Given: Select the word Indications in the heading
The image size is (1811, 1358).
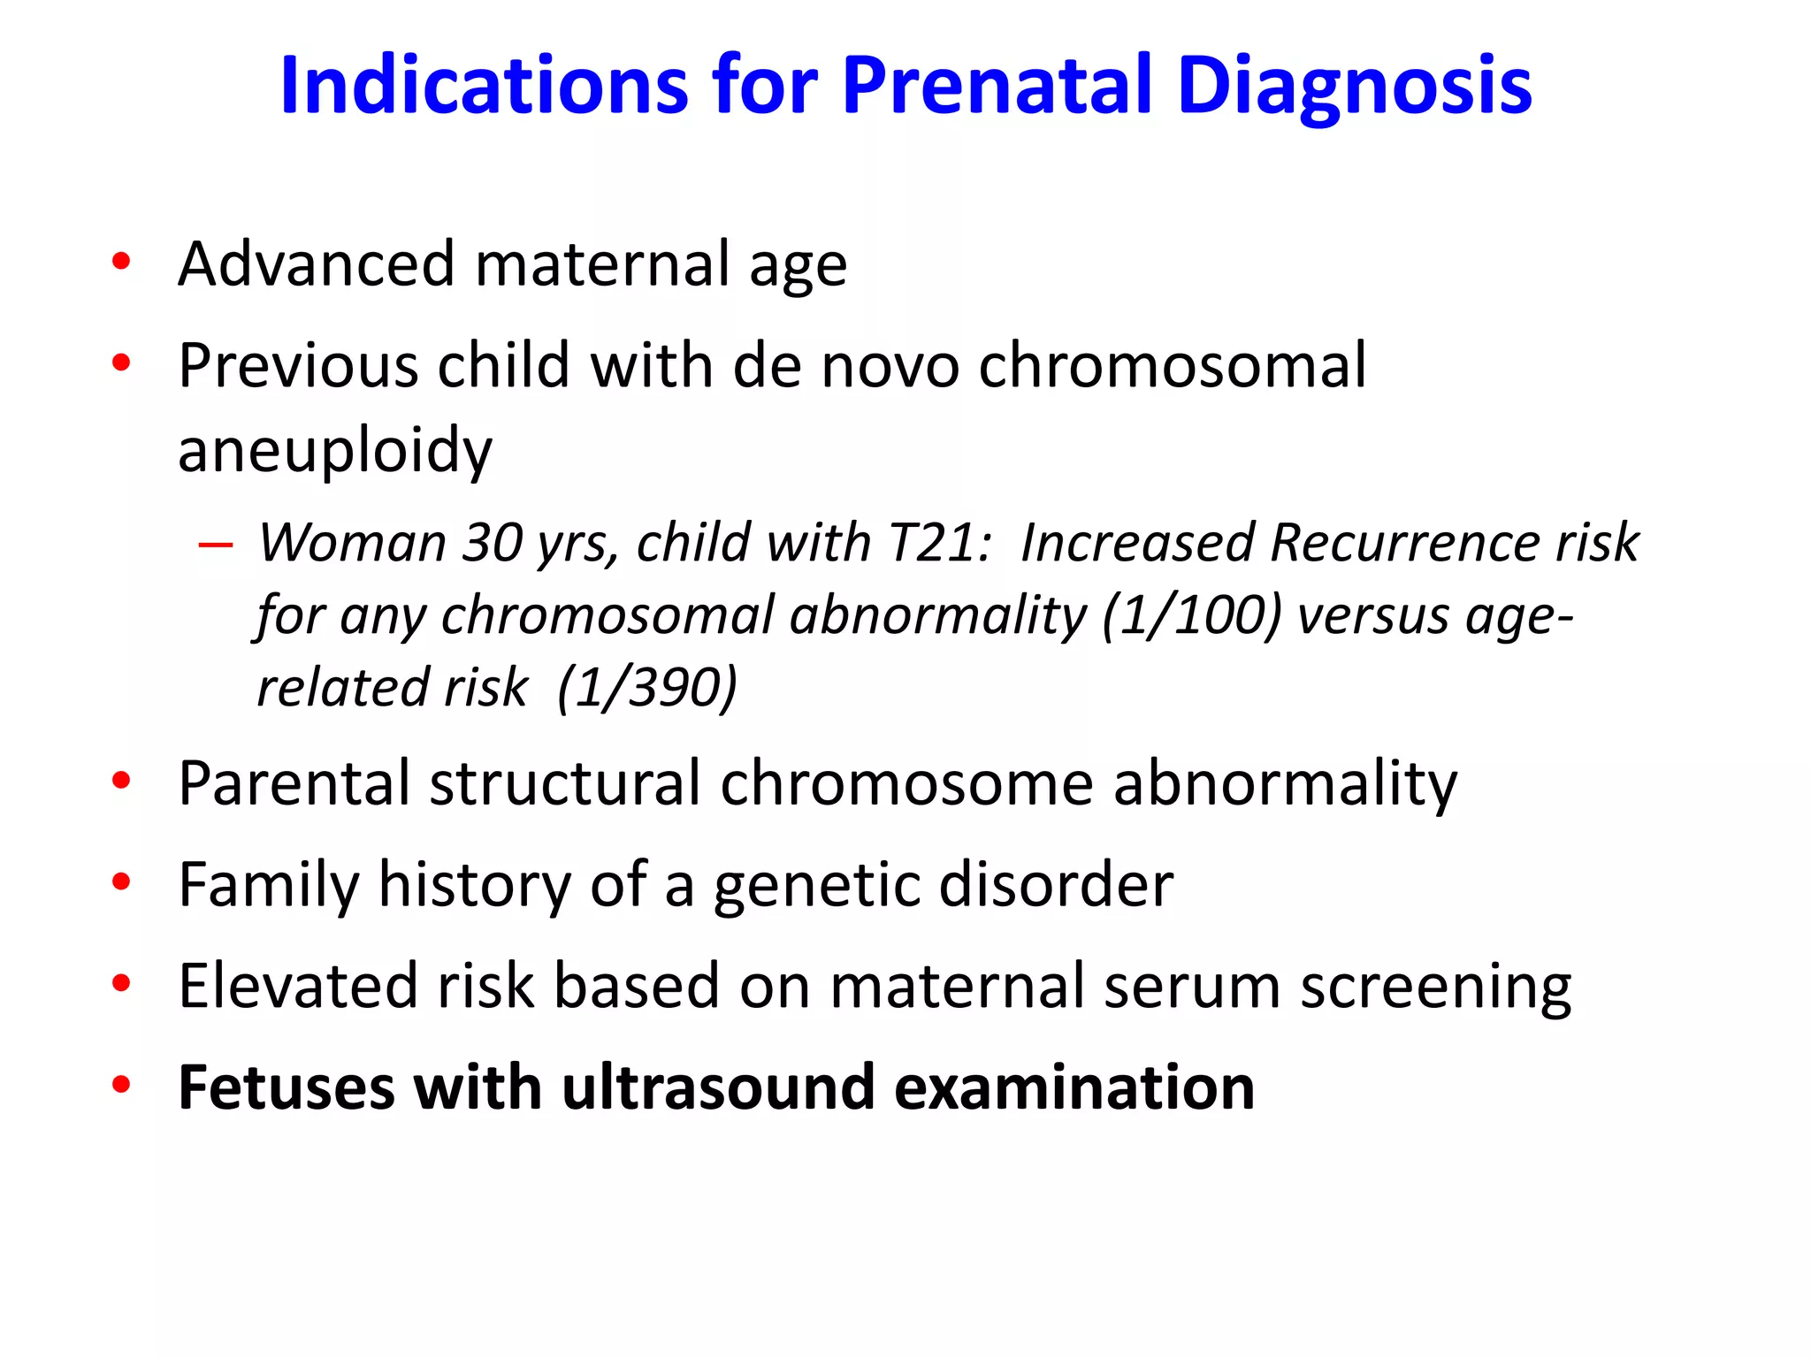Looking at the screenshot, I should pos(484,86).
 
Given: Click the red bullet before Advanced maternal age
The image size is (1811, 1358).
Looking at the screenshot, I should pos(121,262).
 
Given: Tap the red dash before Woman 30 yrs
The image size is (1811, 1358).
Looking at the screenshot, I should pos(216,544).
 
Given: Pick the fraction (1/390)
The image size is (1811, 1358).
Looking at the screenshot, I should pos(647,687).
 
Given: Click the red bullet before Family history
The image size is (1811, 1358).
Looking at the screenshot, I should pos(121,881).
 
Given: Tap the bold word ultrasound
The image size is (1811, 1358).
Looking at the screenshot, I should pos(718,1087).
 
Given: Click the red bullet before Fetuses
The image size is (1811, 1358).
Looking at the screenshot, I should pos(121,1085).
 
